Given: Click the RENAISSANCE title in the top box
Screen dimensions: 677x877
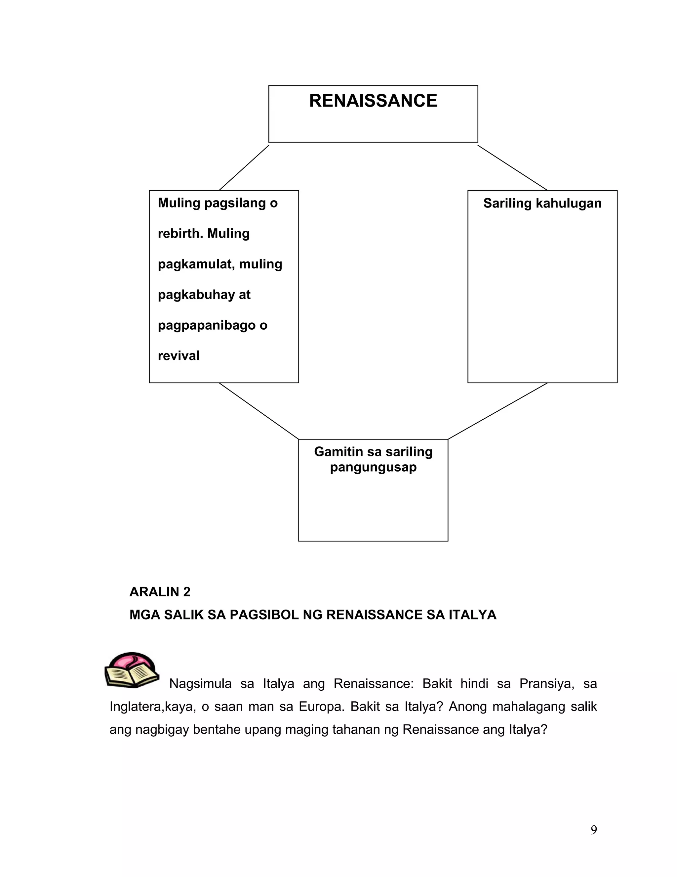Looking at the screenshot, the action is [x=373, y=101].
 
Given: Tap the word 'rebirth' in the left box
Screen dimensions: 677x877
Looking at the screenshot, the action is [x=180, y=233].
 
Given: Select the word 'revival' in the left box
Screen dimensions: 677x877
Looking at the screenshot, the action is [x=179, y=355].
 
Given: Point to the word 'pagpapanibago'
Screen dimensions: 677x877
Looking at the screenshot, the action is [x=207, y=325].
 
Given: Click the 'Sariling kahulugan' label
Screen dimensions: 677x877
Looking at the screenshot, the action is [x=542, y=203].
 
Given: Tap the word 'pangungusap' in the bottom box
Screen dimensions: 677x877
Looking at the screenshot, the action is [x=373, y=467].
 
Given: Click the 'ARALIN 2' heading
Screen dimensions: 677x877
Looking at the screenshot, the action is [x=160, y=591].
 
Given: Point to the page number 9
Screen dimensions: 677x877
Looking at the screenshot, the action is [x=594, y=829].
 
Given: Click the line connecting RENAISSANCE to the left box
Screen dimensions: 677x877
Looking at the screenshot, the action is [x=244, y=168].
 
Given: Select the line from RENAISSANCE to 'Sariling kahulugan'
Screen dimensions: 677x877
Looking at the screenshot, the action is [x=513, y=168].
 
